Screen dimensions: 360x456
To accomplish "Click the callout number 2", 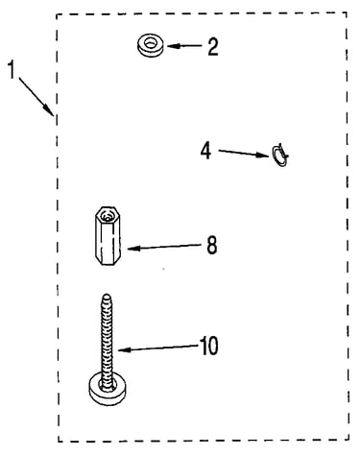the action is click(x=213, y=47).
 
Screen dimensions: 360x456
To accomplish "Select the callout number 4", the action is click(x=205, y=151).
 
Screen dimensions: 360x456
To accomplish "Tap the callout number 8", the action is click(x=211, y=245).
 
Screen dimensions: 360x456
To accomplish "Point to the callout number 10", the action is click(x=209, y=346).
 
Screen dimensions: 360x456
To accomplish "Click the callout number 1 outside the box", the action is click(x=12, y=70).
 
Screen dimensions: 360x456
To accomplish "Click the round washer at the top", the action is click(x=150, y=45).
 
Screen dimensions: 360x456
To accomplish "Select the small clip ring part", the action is click(x=280, y=156).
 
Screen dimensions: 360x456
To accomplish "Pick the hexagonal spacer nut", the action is click(x=108, y=236).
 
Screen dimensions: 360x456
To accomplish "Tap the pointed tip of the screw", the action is click(x=108, y=296).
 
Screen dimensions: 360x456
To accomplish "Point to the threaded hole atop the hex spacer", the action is click(x=107, y=217).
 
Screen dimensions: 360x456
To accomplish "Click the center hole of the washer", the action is click(x=150, y=42).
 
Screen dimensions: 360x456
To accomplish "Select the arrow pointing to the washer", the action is click(x=184, y=46).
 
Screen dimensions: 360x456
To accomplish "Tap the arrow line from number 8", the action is click(x=164, y=247).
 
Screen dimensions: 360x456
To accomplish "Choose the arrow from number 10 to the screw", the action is click(x=157, y=348).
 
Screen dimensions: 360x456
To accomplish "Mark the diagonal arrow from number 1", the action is click(x=36, y=96).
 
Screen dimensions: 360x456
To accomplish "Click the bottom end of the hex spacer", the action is click(x=108, y=262).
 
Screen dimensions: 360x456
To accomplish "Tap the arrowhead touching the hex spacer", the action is click(x=133, y=249).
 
